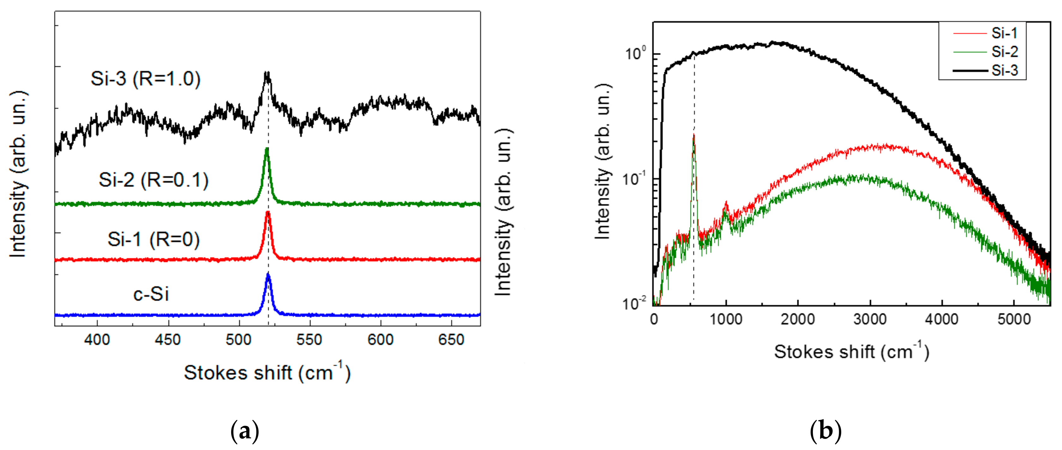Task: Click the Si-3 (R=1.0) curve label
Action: [146, 78]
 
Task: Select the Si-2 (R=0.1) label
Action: [153, 180]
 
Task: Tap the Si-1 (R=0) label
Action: [153, 239]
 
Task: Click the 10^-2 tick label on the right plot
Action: [635, 304]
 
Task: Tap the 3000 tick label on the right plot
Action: [870, 319]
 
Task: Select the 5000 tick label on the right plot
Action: [1014, 319]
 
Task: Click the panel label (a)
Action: [245, 431]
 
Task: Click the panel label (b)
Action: [826, 431]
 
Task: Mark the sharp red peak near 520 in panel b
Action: [694, 136]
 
